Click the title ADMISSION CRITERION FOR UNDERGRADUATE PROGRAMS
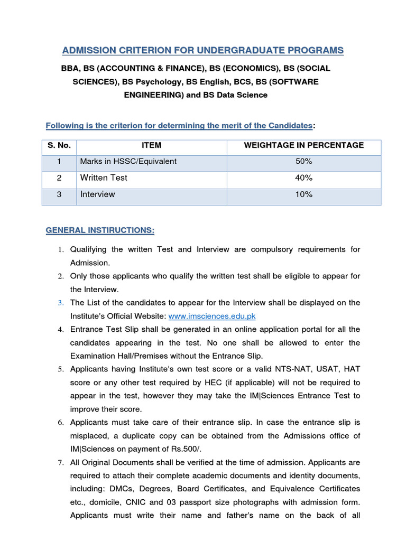tap(203, 51)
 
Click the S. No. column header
tap(59, 145)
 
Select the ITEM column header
tap(152, 145)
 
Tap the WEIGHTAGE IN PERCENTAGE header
tap(303, 145)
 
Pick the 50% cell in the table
tap(304, 161)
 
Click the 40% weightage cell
tap(304, 178)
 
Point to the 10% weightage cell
tap(304, 194)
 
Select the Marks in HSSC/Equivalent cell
tap(128, 161)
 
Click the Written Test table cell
tap(104, 178)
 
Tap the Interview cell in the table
tap(97, 194)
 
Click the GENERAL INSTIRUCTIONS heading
tap(100, 231)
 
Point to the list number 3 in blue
tap(61, 303)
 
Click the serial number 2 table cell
tap(59, 178)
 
